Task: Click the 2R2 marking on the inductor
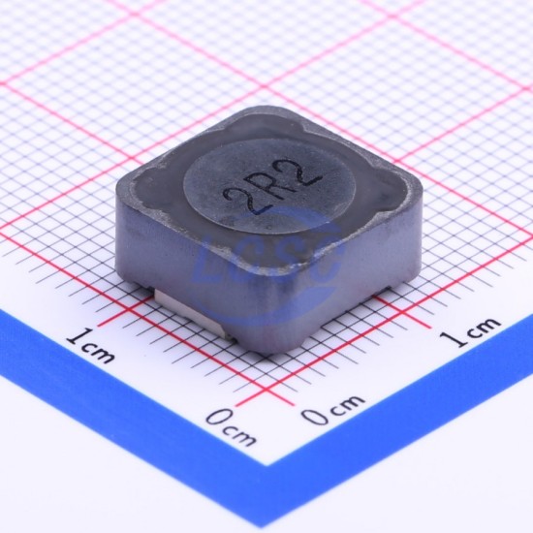pos(271,188)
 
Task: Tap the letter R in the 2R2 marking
pos(271,188)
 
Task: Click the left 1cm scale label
pos(90,344)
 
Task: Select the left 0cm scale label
pos(232,427)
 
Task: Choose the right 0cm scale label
pos(332,410)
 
